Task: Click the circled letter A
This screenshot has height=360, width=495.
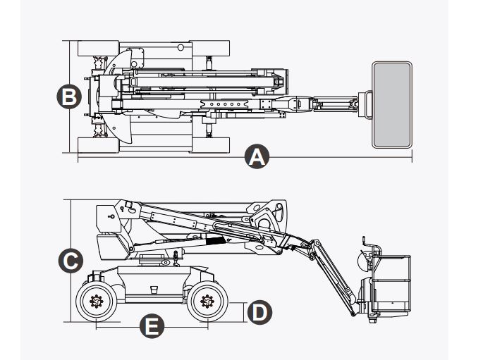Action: (x=257, y=156)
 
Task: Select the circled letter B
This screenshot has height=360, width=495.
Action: (x=68, y=96)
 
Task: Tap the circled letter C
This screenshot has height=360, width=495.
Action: (x=68, y=261)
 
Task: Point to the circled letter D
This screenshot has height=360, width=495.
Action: (x=259, y=311)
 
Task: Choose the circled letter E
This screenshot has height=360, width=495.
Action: (x=152, y=326)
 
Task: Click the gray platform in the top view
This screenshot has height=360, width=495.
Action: (x=391, y=104)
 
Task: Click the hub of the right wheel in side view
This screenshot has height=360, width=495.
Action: (x=207, y=302)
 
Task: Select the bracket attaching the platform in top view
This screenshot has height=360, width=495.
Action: (x=365, y=104)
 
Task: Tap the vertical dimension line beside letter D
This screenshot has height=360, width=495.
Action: (x=245, y=311)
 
